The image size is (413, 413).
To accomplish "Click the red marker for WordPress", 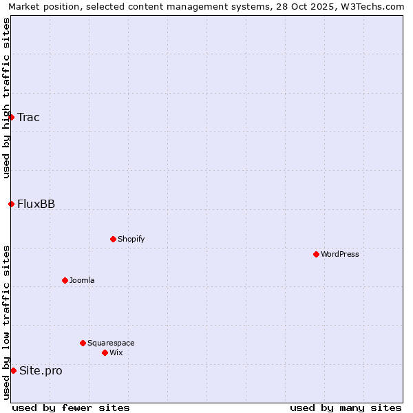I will pyautogui.click(x=316, y=254).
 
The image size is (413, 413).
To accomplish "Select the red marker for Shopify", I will pyautogui.click(x=113, y=239).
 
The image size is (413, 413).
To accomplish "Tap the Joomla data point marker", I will pyautogui.click(x=65, y=280).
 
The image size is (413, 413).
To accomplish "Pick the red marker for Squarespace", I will pyautogui.click(x=83, y=343).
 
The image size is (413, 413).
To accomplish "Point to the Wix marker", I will pyautogui.click(x=105, y=352).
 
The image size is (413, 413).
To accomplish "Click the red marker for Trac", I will pyautogui.click(x=11, y=117).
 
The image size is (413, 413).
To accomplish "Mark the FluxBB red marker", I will pyautogui.click(x=11, y=204).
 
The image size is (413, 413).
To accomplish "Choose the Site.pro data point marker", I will pyautogui.click(x=13, y=370).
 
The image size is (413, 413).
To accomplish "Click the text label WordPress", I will pyautogui.click(x=340, y=254).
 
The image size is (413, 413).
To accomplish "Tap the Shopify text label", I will pyautogui.click(x=131, y=239).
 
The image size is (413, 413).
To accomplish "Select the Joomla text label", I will pyautogui.click(x=82, y=280).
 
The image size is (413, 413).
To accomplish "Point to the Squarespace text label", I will pyautogui.click(x=111, y=343).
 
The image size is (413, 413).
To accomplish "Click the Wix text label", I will pyautogui.click(x=116, y=352).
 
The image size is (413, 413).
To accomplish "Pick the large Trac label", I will pyautogui.click(x=29, y=117).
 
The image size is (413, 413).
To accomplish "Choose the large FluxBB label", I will pyautogui.click(x=36, y=204).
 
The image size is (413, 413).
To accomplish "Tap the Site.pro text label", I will pyautogui.click(x=41, y=370).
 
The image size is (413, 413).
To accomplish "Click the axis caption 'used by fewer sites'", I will pyautogui.click(x=71, y=407).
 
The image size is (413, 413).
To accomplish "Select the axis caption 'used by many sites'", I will pyautogui.click(x=346, y=407).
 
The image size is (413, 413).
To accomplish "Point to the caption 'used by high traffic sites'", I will pyautogui.click(x=6, y=98).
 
